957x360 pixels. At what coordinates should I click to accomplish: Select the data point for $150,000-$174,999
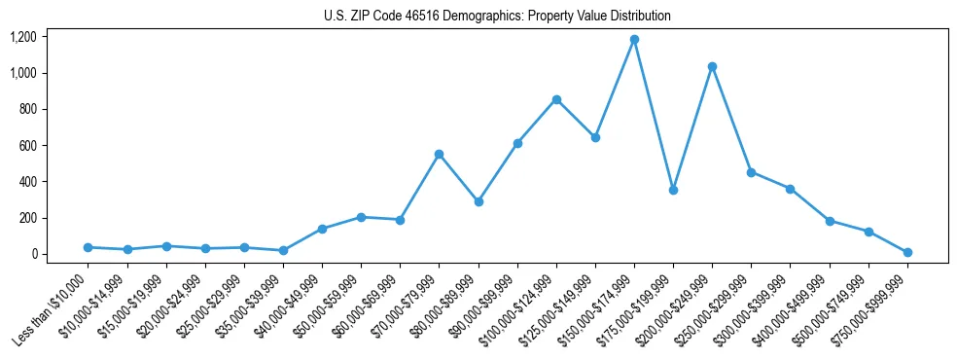634,40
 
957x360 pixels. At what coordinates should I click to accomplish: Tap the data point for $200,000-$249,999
712,66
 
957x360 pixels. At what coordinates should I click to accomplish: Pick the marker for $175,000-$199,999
673,190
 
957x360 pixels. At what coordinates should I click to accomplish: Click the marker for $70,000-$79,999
439,154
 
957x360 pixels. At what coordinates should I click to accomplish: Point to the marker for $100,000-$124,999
556,99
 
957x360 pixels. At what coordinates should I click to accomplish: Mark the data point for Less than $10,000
88,247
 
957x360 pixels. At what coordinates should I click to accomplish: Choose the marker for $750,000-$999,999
907,252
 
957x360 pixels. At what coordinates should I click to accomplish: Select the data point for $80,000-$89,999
478,201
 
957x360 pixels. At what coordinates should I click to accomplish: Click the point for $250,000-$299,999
751,172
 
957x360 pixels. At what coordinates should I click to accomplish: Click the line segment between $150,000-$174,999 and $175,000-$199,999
654,115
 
